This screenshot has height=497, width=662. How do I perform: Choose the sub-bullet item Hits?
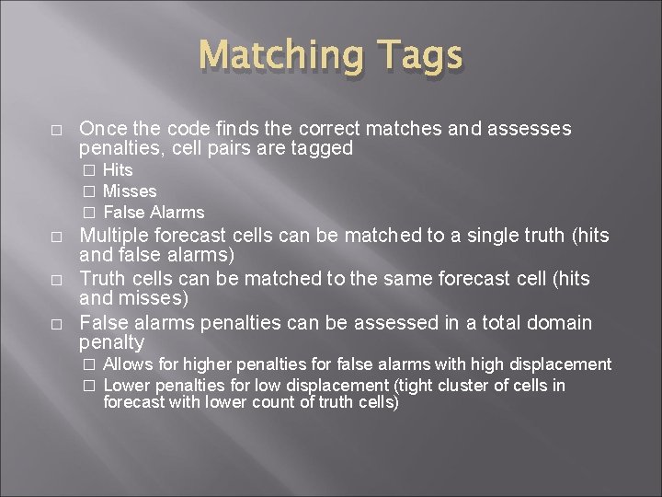(118, 170)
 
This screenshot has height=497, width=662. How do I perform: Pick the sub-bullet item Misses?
(130, 191)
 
